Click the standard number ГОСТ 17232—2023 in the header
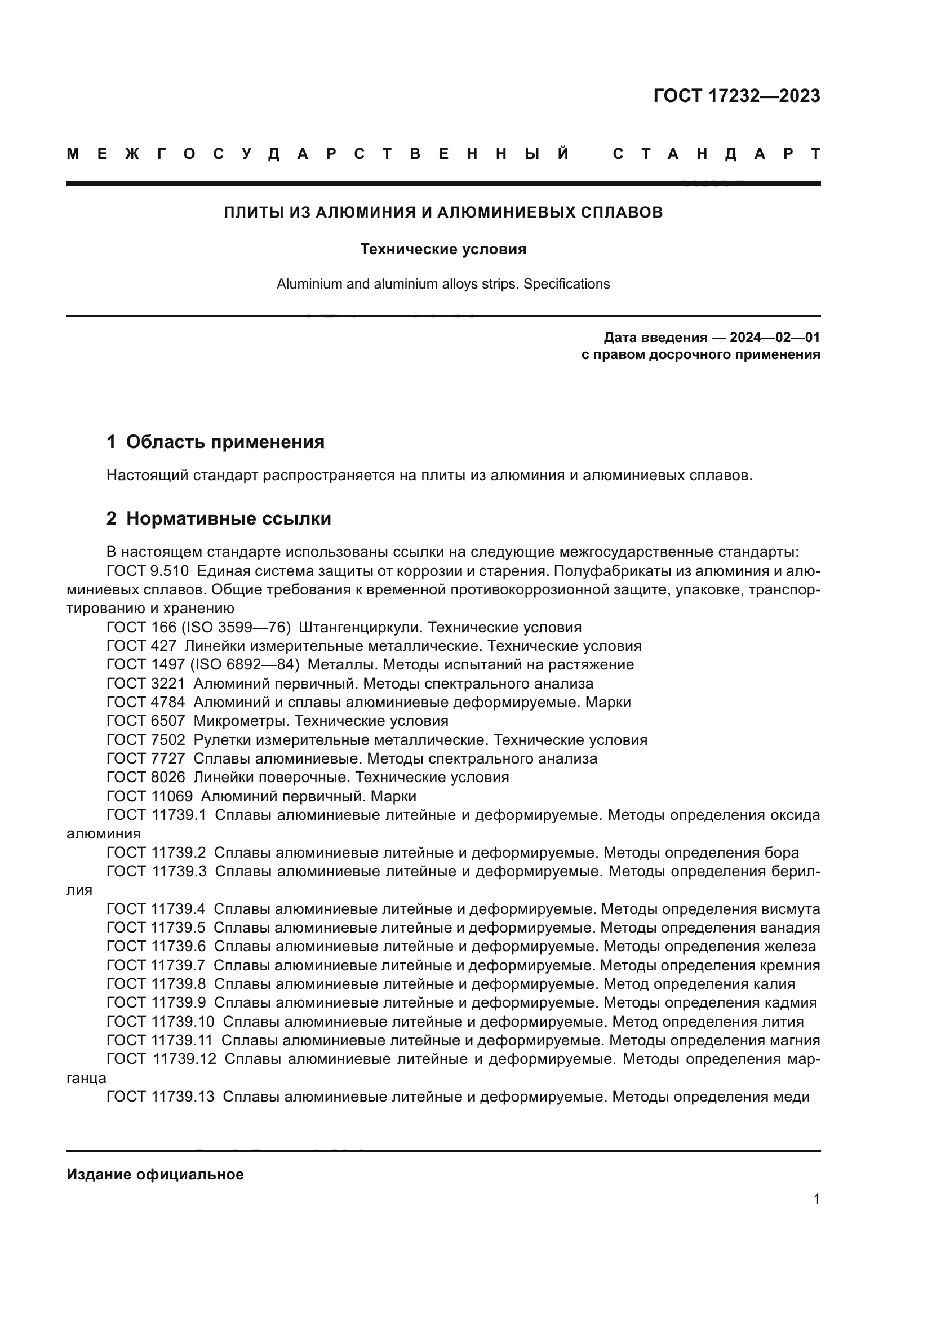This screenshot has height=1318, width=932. pyautogui.click(x=736, y=95)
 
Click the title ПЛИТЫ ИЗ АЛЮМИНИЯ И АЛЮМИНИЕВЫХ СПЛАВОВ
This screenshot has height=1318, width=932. pyautogui.click(x=443, y=212)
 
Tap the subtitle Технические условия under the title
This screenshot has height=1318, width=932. pyautogui.click(x=443, y=249)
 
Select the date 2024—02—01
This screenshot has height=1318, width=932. pyautogui.click(x=775, y=337)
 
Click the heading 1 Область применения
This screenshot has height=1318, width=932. pyautogui.click(x=215, y=441)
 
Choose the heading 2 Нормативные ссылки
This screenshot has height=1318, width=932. pyautogui.click(x=219, y=518)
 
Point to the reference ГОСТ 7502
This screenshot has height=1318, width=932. pyautogui.click(x=146, y=740)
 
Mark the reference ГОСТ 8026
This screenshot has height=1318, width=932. pyautogui.click(x=146, y=777)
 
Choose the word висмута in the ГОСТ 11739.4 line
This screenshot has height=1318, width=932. pyautogui.click(x=790, y=909)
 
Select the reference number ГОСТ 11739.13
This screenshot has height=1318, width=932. pyautogui.click(x=161, y=1097)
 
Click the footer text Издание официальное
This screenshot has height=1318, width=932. pyautogui.click(x=155, y=1174)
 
